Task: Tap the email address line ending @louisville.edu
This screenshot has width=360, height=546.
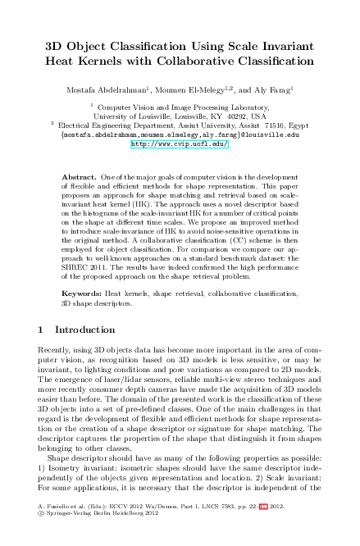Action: [180, 134]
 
